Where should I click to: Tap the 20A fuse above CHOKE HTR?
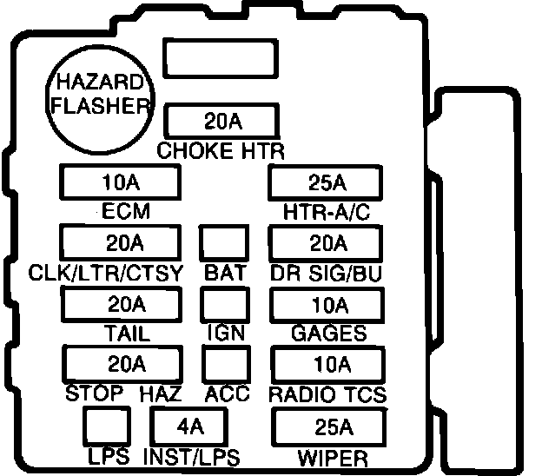[x=221, y=121]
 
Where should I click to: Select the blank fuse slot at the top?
[x=221, y=60]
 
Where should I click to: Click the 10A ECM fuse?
[x=120, y=183]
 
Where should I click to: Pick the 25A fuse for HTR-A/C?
[x=327, y=183]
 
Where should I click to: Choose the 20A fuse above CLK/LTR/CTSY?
[x=120, y=242]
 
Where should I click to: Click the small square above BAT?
[x=225, y=242]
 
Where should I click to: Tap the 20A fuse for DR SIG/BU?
[x=327, y=242]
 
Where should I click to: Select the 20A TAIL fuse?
[x=120, y=304]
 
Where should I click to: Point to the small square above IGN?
[x=225, y=304]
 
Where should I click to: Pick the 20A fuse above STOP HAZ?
[x=122, y=363]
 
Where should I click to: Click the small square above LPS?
[x=108, y=426]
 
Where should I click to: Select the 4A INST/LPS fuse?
[x=188, y=426]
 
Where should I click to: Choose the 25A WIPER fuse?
[x=329, y=426]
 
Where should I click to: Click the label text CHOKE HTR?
[x=221, y=150]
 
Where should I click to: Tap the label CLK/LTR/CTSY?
[x=106, y=273]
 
